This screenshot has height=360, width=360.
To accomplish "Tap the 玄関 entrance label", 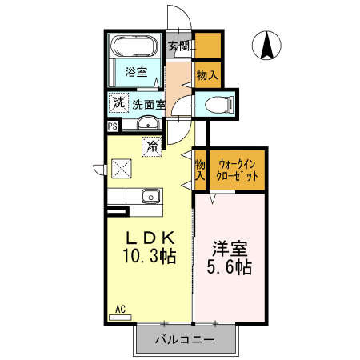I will click(178, 46).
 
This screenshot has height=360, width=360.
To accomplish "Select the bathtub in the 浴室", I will click(134, 46).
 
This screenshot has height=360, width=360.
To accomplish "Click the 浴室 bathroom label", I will click(135, 73).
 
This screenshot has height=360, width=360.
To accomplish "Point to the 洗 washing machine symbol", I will click(118, 102).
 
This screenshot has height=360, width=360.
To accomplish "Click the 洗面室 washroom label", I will click(148, 104).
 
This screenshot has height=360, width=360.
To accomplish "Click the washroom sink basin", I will click(147, 123).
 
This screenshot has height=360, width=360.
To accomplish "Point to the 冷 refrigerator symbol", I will click(151, 146).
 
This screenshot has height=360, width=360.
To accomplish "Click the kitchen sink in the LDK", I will click(150, 196).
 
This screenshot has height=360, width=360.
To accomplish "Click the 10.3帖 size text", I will click(149, 258).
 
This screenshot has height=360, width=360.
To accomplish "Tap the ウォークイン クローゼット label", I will click(237, 169).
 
